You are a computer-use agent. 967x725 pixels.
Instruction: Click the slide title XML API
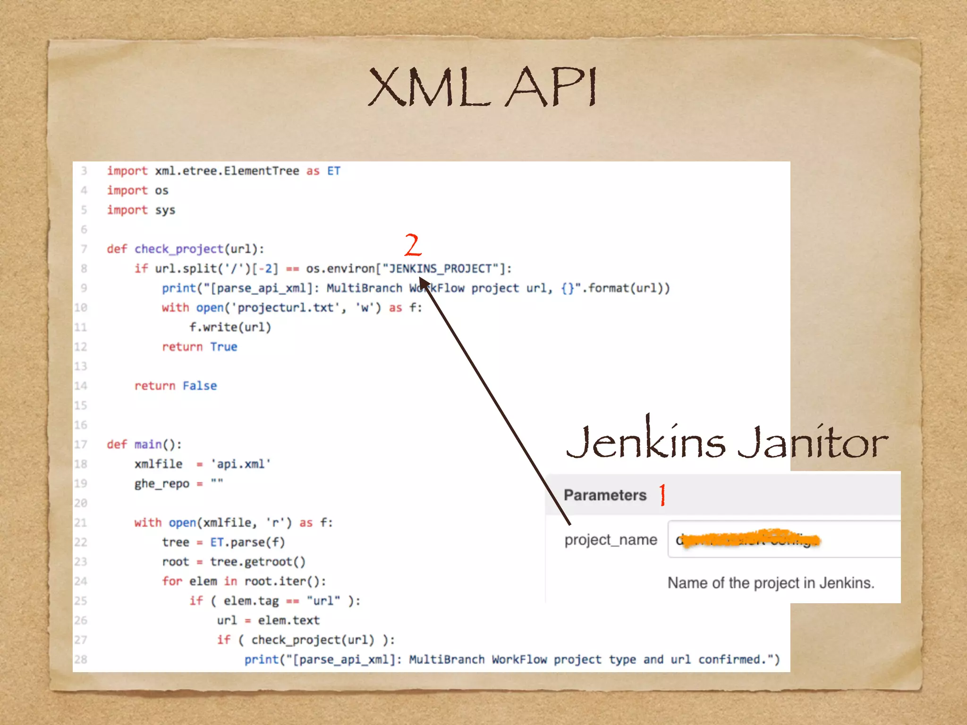click(483, 87)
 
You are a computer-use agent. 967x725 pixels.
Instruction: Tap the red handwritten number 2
click(412, 244)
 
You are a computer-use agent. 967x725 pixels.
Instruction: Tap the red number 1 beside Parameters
click(662, 495)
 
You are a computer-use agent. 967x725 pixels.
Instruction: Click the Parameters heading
click(605, 495)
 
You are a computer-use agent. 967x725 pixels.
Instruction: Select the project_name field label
click(611, 540)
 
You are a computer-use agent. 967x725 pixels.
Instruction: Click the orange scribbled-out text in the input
click(751, 539)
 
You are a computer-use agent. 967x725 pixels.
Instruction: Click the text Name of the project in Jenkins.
click(771, 583)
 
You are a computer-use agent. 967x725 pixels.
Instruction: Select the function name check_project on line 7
click(178, 249)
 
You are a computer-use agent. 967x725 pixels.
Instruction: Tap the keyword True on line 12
click(223, 347)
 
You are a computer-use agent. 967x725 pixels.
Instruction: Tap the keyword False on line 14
click(200, 386)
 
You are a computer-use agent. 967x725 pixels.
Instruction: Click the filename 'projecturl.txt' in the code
click(285, 308)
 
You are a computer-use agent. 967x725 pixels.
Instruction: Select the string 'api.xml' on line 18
click(240, 464)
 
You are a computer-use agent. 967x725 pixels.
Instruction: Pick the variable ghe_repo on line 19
click(161, 484)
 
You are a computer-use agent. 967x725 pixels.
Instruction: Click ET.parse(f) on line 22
click(247, 542)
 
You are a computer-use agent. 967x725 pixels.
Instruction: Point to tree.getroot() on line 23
click(258, 562)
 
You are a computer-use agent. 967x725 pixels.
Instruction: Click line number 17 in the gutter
click(81, 445)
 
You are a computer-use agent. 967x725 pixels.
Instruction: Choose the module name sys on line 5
click(165, 210)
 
